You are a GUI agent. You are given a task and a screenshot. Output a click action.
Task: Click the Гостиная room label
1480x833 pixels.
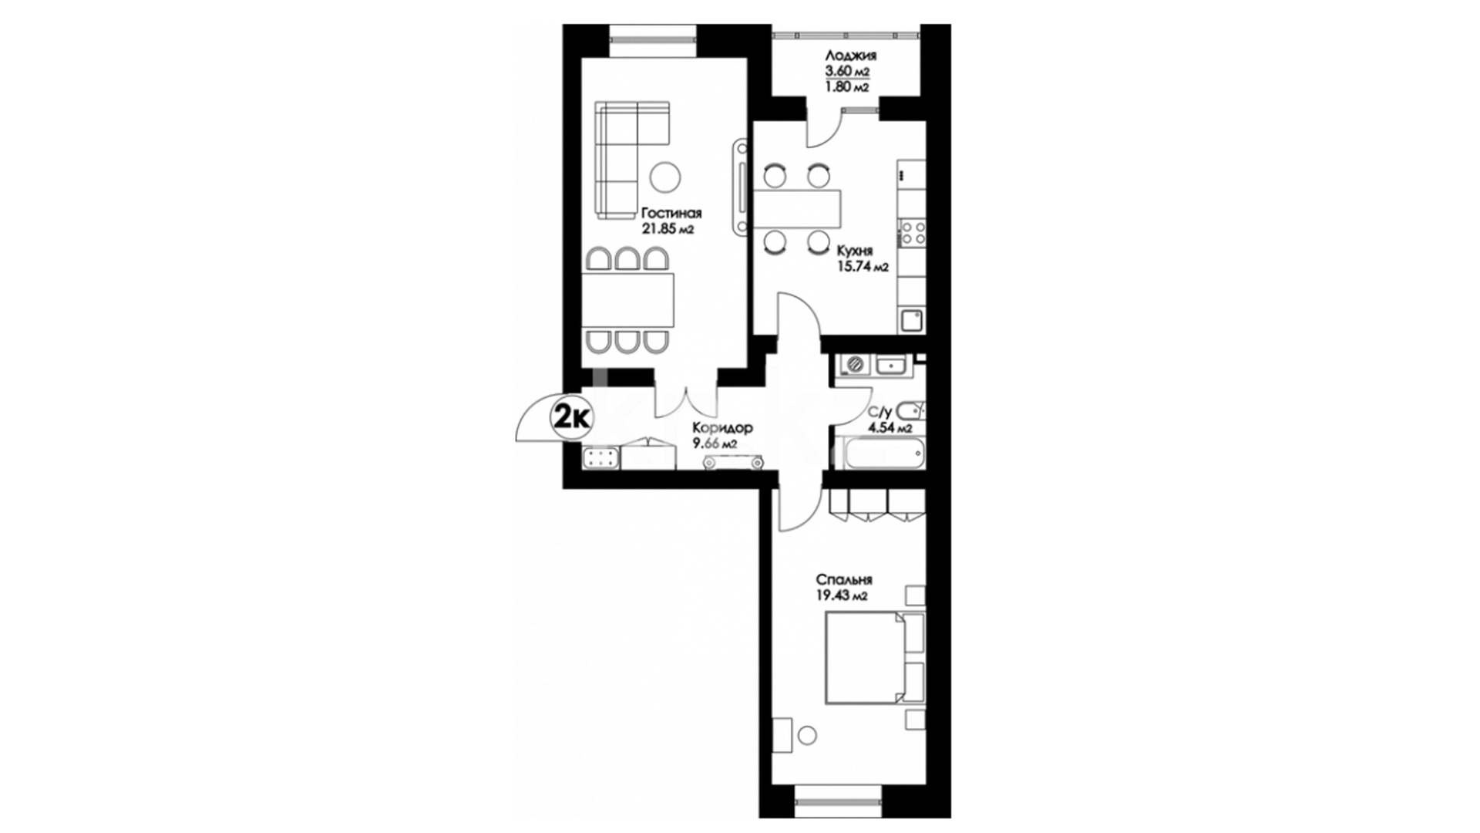click(x=671, y=214)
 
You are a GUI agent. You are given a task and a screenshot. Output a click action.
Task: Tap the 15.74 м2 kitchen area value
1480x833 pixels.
click(x=863, y=268)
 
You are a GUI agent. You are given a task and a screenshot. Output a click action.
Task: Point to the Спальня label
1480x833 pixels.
click(x=844, y=579)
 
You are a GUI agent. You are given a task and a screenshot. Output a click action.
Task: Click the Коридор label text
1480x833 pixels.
click(x=722, y=428)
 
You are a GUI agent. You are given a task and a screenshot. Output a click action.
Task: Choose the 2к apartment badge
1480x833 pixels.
click(x=572, y=418)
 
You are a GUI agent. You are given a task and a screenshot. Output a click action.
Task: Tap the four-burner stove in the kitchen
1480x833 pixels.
click(x=913, y=234)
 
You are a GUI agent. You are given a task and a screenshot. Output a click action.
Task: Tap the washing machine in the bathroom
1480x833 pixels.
click(x=853, y=365)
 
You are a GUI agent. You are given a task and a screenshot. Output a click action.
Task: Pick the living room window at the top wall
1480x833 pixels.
click(x=654, y=41)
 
